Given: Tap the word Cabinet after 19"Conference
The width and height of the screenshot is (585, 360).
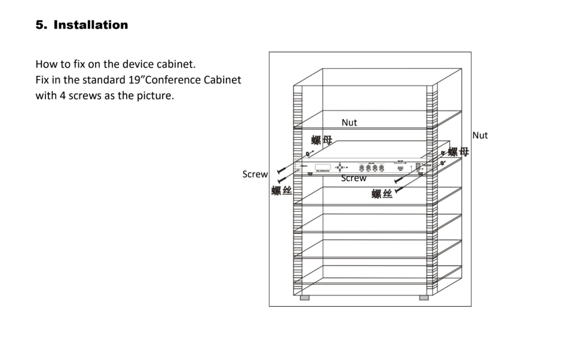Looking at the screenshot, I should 220,80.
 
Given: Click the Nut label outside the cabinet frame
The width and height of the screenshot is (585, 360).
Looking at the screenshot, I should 480,136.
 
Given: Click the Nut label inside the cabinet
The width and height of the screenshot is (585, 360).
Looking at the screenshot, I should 349,123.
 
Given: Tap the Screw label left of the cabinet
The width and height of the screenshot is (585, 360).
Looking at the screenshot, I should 255,175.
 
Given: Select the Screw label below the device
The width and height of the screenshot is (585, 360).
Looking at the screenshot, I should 354,178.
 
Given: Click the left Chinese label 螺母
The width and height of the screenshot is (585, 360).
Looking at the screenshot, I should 321,141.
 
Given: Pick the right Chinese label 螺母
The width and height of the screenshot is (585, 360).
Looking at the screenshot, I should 458,152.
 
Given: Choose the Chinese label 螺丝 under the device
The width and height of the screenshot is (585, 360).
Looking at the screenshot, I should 382,194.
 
